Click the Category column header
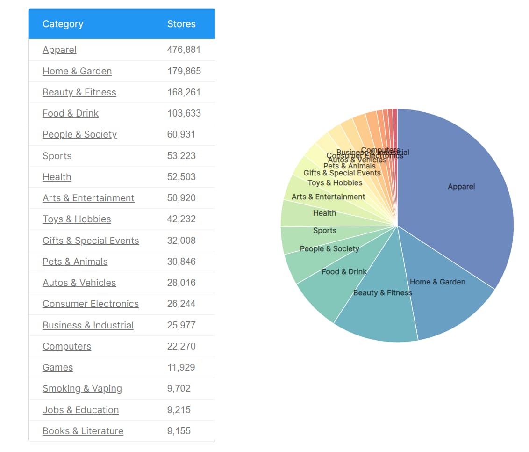pyautogui.click(x=63, y=24)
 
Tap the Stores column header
pyautogui.click(x=181, y=24)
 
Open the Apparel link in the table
pyautogui.click(x=59, y=50)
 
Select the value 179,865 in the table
pyautogui.click(x=184, y=71)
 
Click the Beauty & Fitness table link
pyautogui.click(x=79, y=92)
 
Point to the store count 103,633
pyautogui.click(x=184, y=113)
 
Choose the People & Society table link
pyautogui.click(x=79, y=134)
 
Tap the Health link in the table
pyautogui.click(x=57, y=177)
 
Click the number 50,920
pyautogui.click(x=181, y=198)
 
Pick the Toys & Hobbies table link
pyautogui.click(x=77, y=219)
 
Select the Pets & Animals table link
pyautogui.click(x=75, y=262)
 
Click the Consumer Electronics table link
pyautogui.click(x=91, y=304)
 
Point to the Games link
pyautogui.click(x=57, y=367)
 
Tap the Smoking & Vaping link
pyautogui.click(x=82, y=388)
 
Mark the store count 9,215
pyautogui.click(x=179, y=410)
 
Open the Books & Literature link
pyautogui.click(x=83, y=431)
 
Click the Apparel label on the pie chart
pyautogui.click(x=461, y=186)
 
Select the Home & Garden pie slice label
pyautogui.click(x=437, y=282)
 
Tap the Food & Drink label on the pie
pyautogui.click(x=344, y=271)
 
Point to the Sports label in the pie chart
pyautogui.click(x=325, y=230)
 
